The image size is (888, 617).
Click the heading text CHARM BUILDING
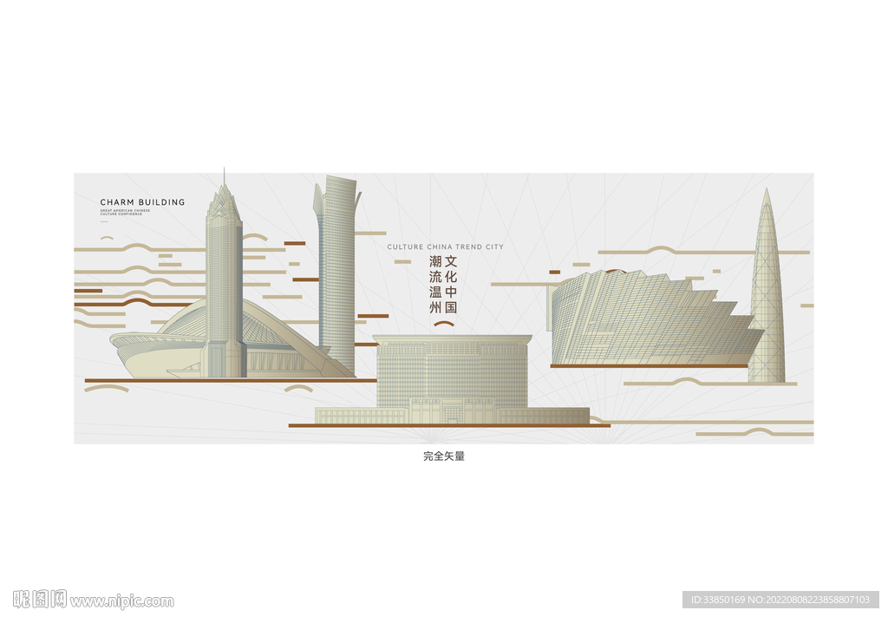(142, 202)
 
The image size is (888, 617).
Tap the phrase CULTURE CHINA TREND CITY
(445, 247)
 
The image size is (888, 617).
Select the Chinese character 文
(451, 261)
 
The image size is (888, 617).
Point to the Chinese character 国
(451, 307)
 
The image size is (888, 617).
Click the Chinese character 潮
(435, 261)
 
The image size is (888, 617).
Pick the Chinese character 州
(435, 307)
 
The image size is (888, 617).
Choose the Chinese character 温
(435, 292)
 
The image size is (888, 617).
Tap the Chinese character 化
(451, 277)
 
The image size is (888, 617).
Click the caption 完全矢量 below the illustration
(444, 456)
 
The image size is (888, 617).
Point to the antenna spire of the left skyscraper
(224, 176)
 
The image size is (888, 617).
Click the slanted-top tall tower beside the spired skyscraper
(336, 269)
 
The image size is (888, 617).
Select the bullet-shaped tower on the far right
(767, 295)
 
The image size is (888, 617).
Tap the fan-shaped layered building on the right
(650, 321)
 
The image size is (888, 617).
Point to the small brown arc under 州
(444, 324)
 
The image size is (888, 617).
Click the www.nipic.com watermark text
(121, 601)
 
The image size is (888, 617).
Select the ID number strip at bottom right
(780, 600)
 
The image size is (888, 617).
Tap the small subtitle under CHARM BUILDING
(125, 212)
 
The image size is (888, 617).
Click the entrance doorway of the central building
(451, 412)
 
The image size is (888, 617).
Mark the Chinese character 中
(451, 292)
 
